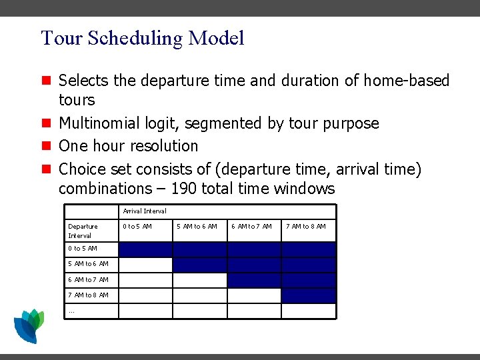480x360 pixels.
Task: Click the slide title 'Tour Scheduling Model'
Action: click(x=142, y=38)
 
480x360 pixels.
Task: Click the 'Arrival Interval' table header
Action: click(x=145, y=211)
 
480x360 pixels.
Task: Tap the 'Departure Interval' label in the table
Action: click(x=83, y=231)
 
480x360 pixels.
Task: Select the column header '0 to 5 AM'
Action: click(x=137, y=227)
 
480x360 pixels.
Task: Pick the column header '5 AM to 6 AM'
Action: click(x=197, y=227)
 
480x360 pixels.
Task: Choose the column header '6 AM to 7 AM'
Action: click(x=251, y=227)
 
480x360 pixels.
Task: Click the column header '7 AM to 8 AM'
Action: click(x=306, y=227)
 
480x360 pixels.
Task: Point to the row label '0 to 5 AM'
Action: click(x=83, y=249)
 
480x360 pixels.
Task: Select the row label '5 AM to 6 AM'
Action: click(x=88, y=264)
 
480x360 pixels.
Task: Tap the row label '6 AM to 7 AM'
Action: click(x=88, y=280)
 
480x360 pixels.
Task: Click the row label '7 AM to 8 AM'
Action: click(x=88, y=295)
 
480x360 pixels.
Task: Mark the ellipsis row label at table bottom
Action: click(x=71, y=311)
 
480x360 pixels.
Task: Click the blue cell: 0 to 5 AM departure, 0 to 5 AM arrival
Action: click(x=145, y=249)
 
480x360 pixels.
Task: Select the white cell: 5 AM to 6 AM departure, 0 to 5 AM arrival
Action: click(x=145, y=265)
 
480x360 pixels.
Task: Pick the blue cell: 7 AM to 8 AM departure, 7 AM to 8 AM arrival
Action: click(x=309, y=295)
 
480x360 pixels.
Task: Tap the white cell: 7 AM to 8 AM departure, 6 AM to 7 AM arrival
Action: click(x=254, y=295)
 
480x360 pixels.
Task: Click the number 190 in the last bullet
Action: click(x=184, y=189)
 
